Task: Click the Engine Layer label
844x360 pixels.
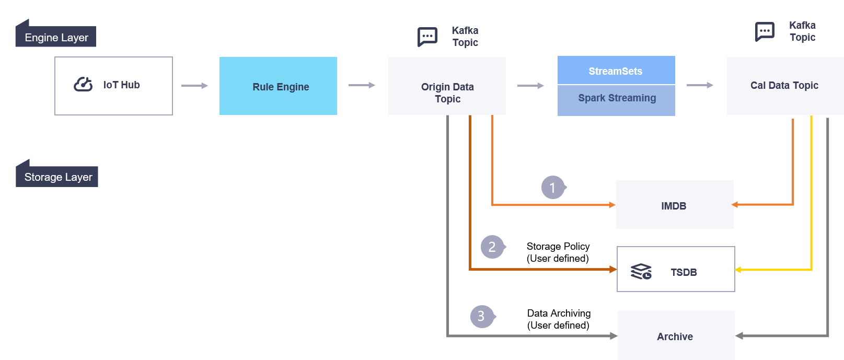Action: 56,38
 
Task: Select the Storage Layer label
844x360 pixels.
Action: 57,177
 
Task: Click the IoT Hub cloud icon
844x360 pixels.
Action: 83,84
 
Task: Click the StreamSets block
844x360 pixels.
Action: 616,71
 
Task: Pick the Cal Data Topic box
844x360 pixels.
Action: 784,86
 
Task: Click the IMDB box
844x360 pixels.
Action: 674,205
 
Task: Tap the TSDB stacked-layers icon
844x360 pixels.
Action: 641,272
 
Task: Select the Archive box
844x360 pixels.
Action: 675,336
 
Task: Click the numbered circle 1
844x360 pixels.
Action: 552,188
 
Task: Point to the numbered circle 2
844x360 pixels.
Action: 492,247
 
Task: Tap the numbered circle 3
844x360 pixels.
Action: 481,316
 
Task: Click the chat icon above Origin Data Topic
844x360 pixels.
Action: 427,37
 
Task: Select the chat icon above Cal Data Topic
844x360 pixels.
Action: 765,31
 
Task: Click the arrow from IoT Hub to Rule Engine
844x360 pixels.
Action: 195,86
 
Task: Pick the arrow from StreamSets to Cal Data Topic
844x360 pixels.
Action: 700,85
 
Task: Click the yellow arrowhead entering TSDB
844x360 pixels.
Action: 738,270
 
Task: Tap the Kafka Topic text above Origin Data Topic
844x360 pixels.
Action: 465,37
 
